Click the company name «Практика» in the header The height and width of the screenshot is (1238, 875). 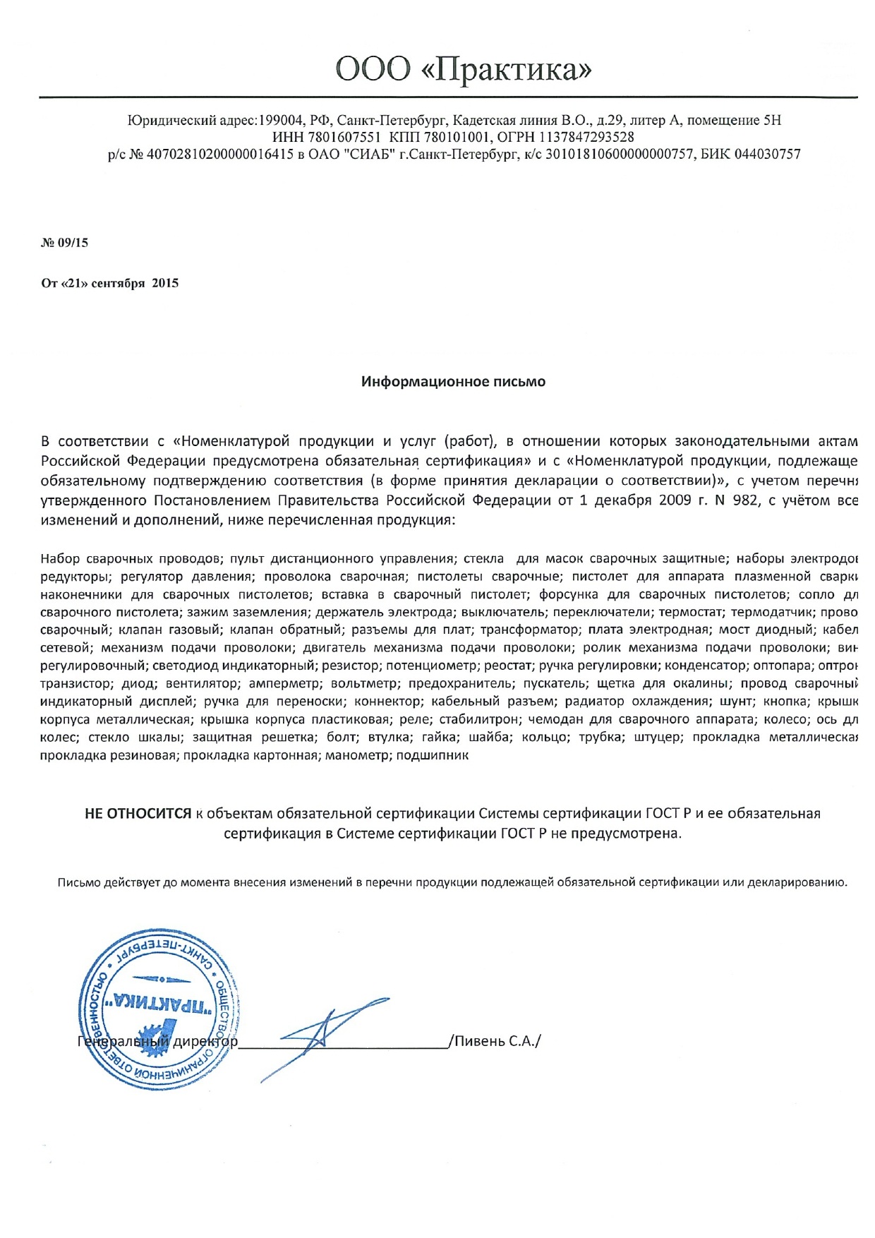511,69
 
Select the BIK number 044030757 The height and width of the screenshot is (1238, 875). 768,154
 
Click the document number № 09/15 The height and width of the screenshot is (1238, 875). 65,243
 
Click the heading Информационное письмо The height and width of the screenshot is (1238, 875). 453,382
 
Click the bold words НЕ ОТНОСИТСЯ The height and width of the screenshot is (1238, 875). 138,814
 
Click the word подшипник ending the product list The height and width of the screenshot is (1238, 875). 433,755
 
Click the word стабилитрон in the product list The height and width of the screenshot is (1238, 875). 480,719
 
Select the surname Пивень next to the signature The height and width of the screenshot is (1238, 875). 480,1042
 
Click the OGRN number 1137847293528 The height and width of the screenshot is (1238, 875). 586,137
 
